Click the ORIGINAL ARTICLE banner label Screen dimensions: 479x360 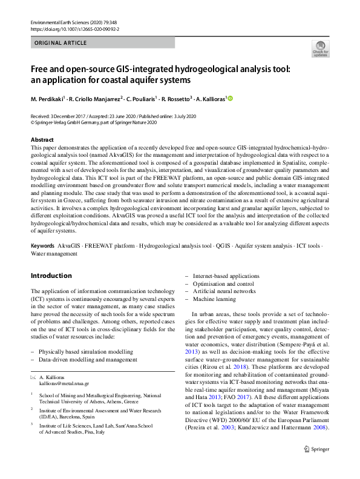click(x=61, y=43)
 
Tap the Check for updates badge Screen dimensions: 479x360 click(x=320, y=48)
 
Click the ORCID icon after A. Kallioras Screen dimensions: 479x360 click(x=230, y=99)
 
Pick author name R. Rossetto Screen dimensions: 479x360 click(x=175, y=99)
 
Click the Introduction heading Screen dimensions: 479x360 click(x=51, y=276)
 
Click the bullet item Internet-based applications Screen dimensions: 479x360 click(x=225, y=276)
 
